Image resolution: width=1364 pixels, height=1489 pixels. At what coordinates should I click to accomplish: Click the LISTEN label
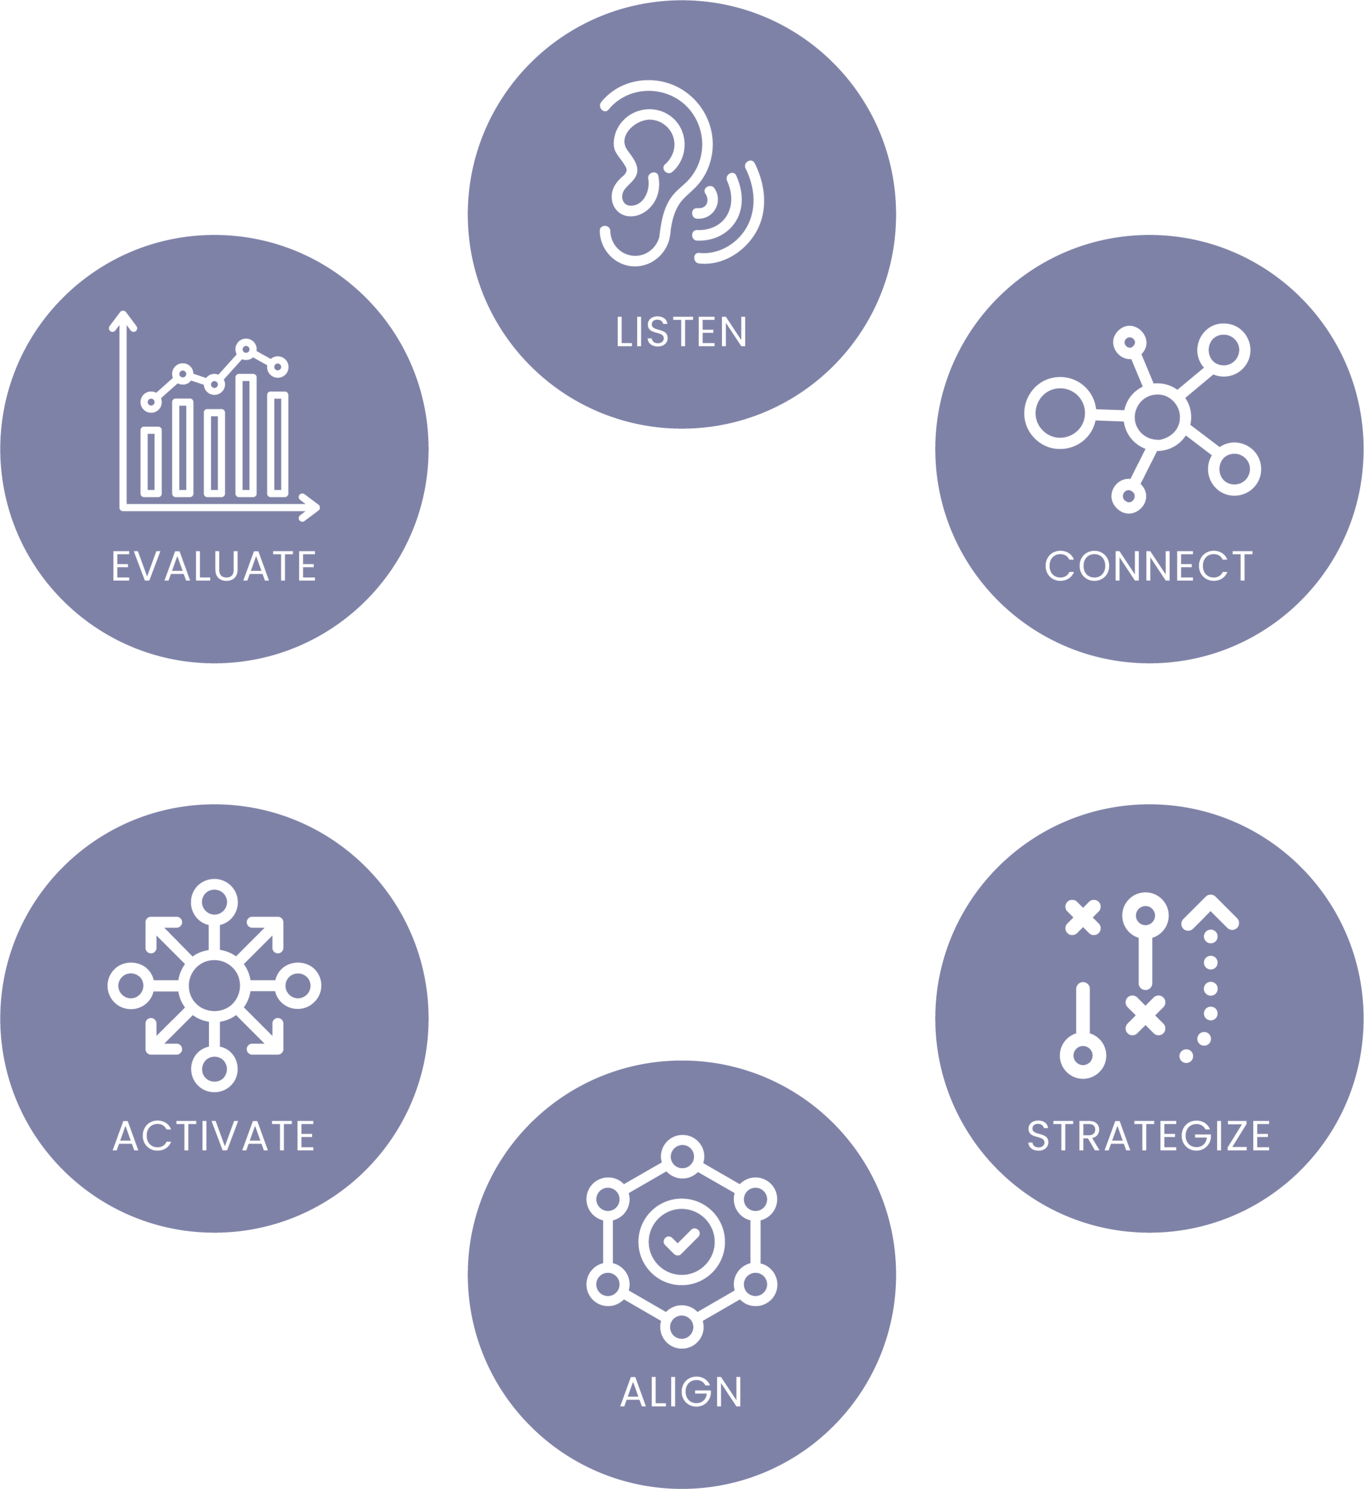(x=681, y=332)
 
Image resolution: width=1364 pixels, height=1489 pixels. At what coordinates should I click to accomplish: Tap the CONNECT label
(x=1148, y=566)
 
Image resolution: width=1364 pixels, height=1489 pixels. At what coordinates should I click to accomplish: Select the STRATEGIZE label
(x=1148, y=1135)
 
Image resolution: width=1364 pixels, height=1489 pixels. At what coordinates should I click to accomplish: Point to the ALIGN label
(x=681, y=1392)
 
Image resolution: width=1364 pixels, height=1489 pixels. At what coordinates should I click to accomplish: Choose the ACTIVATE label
(x=214, y=1135)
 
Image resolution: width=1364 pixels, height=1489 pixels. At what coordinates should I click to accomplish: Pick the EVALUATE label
(x=214, y=566)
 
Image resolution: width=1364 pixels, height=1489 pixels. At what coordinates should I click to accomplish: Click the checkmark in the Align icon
(x=681, y=1241)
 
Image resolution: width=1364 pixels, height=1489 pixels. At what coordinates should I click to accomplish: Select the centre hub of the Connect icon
(x=1157, y=416)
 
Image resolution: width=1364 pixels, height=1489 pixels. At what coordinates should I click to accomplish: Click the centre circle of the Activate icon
(x=214, y=985)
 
